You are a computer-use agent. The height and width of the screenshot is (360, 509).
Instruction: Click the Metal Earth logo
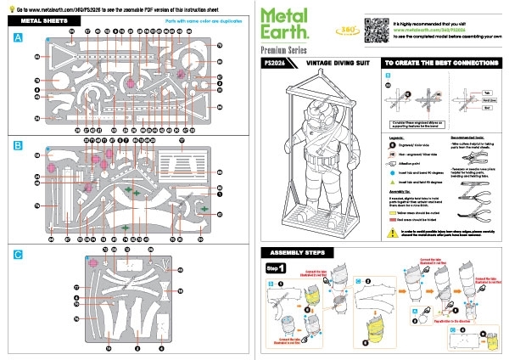point(292,26)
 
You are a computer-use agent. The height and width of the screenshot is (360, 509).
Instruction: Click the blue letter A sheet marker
point(19,39)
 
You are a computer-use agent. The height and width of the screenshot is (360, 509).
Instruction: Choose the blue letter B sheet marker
point(19,146)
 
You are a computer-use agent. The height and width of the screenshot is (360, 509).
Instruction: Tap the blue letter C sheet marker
point(19,255)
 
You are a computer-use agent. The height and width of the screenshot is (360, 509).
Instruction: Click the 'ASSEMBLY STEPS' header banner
point(300,254)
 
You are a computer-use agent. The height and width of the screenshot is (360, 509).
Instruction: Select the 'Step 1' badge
point(277,268)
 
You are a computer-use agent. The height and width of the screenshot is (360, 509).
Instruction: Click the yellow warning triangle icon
point(392,231)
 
